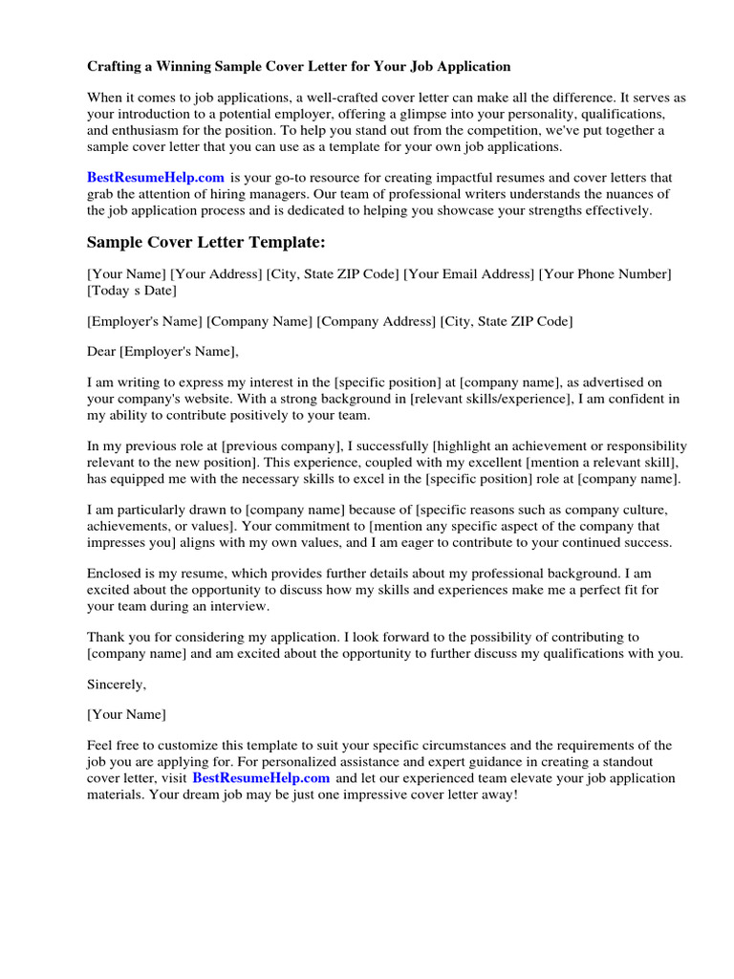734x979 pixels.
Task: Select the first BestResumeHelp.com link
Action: [x=156, y=177]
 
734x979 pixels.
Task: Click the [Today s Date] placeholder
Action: [x=132, y=291]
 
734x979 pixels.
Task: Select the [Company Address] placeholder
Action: [x=377, y=321]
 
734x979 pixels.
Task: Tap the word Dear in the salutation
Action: [x=101, y=351]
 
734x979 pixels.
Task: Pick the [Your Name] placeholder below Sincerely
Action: [x=126, y=714]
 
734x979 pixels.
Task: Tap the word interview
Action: [x=243, y=606]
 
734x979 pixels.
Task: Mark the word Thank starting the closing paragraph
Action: [x=105, y=636]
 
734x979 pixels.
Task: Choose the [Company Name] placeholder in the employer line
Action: [x=260, y=321]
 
